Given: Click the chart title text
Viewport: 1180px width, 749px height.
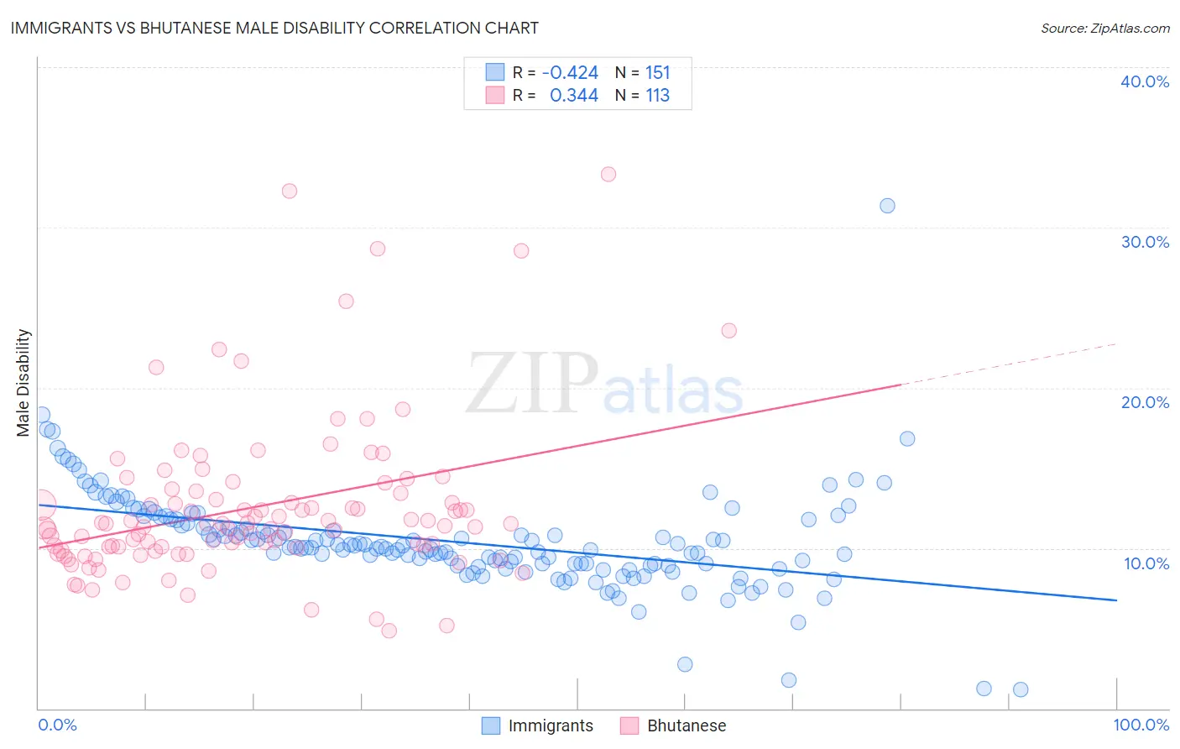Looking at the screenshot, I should [274, 28].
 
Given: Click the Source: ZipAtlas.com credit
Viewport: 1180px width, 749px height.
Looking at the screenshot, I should [1104, 28].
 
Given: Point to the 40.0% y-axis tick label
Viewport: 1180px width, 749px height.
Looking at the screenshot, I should [1145, 81].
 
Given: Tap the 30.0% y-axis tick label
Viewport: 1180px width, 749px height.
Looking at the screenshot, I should [1145, 242].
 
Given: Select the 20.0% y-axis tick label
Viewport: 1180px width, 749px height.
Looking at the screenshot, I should [1145, 402].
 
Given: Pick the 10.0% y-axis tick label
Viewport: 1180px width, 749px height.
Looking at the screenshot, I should [1145, 563].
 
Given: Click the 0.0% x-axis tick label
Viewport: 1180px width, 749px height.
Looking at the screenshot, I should [57, 725].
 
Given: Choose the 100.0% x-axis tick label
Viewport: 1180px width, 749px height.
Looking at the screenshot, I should [1141, 725].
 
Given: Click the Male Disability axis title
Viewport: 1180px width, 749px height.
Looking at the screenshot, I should [23, 382].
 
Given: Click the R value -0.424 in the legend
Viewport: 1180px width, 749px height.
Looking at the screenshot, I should [570, 73].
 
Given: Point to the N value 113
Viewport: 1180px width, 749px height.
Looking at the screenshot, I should [657, 96].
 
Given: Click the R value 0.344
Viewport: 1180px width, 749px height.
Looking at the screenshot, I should [573, 96].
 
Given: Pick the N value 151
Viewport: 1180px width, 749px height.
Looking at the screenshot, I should [657, 73].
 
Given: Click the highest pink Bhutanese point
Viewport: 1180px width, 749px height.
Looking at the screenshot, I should [608, 175].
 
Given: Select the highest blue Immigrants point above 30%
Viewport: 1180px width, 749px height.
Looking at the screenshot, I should [887, 206].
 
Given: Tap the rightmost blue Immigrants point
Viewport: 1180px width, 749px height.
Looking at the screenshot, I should [1021, 689].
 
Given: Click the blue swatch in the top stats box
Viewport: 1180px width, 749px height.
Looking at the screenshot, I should [495, 72].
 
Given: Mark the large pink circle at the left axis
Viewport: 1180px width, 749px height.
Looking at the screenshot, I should [41, 505].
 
